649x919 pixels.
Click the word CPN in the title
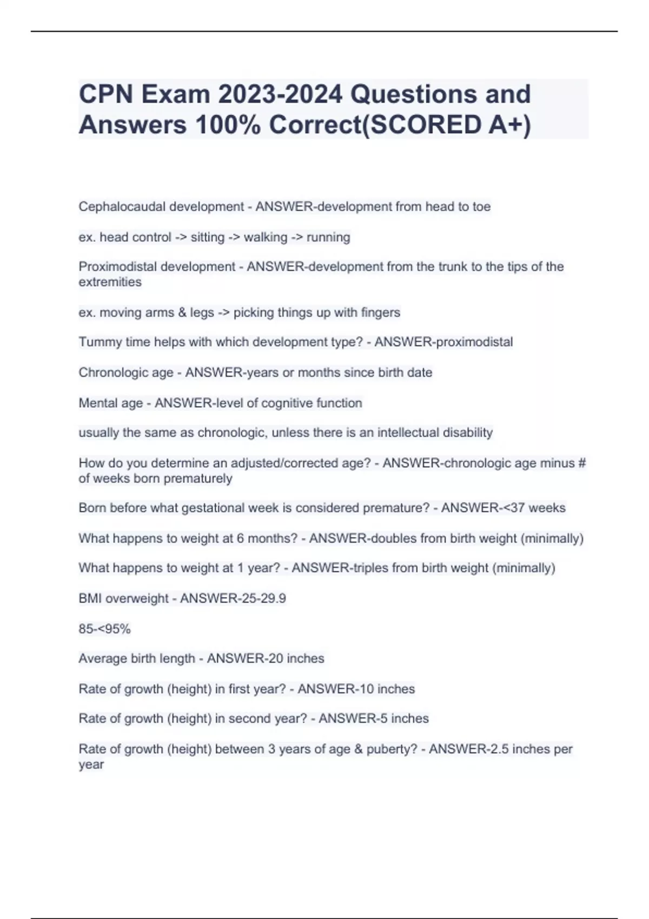106,95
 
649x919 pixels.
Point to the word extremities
110,282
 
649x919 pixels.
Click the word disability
467,432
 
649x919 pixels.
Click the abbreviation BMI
90,598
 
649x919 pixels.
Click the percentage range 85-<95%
104,629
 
